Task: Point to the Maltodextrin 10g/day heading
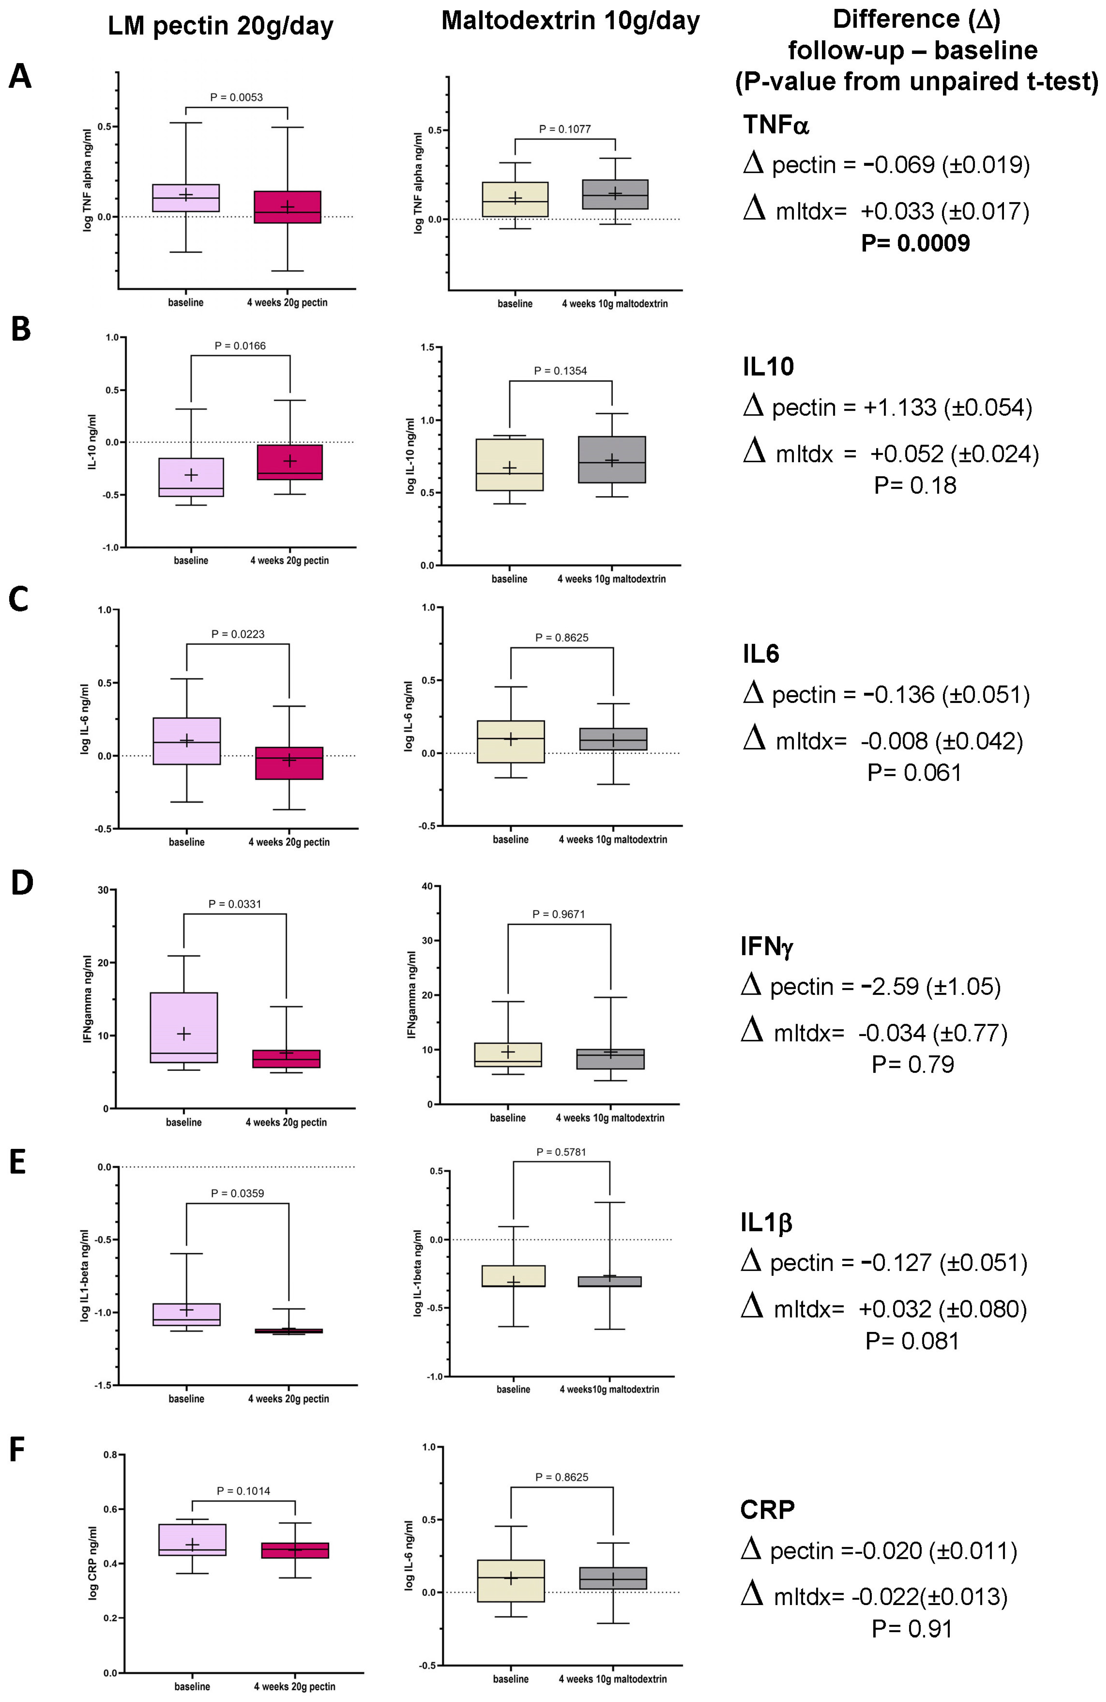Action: click(570, 21)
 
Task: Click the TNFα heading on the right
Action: click(776, 125)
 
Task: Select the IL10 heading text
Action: click(768, 367)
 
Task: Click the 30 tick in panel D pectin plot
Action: click(103, 890)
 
